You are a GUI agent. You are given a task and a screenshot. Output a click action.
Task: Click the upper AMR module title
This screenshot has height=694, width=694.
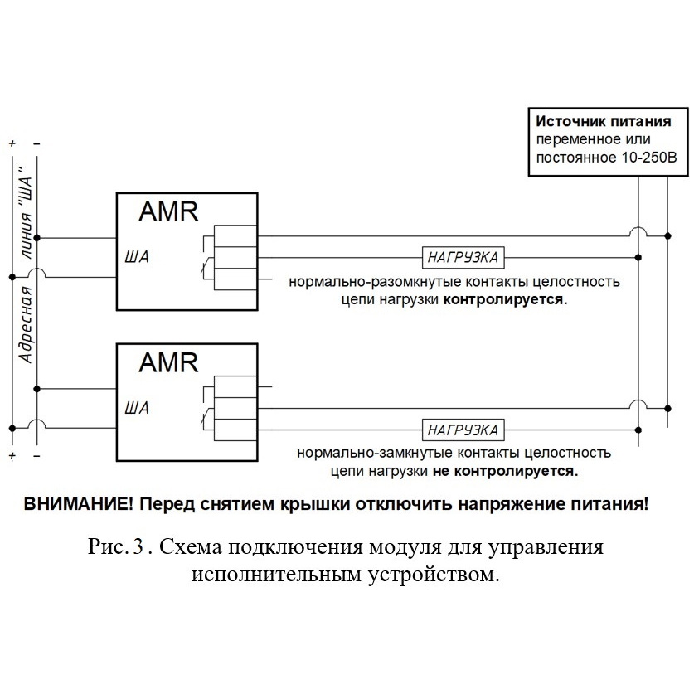[x=168, y=211]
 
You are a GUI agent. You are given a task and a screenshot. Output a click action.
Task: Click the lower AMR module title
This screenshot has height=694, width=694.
[x=168, y=362]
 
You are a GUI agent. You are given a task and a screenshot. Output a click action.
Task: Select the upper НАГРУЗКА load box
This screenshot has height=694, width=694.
[x=463, y=257]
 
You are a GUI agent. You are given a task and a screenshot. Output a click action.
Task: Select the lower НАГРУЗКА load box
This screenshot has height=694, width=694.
[x=463, y=430]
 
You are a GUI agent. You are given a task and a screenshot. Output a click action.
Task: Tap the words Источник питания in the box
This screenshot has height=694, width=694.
[x=604, y=121]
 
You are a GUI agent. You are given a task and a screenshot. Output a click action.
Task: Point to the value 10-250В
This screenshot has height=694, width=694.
[x=649, y=158]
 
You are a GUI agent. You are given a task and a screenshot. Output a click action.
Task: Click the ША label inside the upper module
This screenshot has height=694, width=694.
[x=137, y=257]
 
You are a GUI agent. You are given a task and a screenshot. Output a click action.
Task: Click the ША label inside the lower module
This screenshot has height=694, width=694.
[x=137, y=408]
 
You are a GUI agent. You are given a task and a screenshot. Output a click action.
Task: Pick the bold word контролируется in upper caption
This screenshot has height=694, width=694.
[x=506, y=299]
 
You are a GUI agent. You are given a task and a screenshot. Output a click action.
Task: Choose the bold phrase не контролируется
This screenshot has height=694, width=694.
[x=506, y=471]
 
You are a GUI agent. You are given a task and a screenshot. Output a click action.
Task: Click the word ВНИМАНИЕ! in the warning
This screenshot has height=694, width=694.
[x=78, y=504]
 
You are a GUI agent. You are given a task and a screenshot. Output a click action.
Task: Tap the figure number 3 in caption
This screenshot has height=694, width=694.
[x=138, y=546]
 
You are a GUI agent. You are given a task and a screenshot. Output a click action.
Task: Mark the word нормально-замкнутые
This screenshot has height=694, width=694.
[x=376, y=454]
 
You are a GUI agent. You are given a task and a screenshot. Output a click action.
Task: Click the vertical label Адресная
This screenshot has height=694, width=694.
[x=27, y=324]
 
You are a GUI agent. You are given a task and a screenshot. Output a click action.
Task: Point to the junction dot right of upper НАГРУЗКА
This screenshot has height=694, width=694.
[x=638, y=258]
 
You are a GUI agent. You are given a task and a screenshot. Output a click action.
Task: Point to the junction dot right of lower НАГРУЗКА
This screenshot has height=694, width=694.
[x=638, y=430]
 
